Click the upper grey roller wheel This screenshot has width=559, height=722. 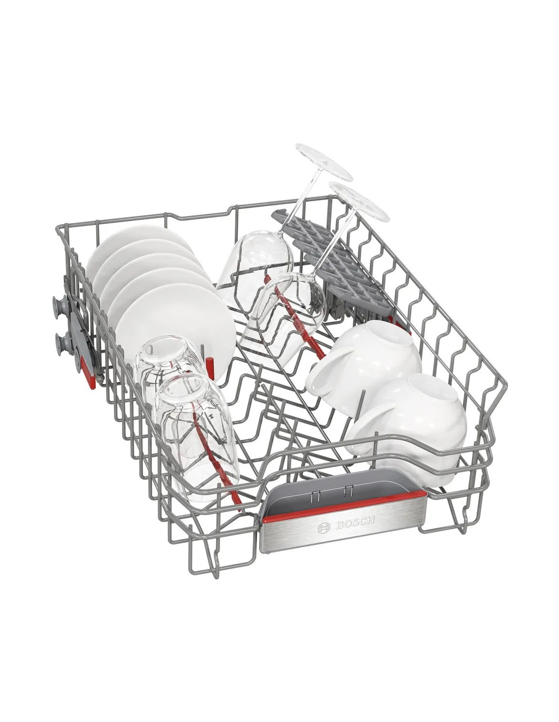click(58, 304)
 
